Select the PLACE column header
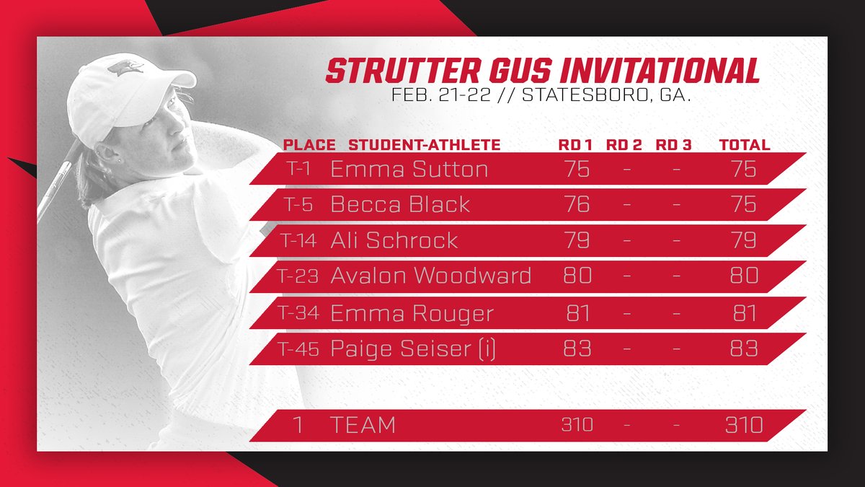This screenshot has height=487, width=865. tap(309, 145)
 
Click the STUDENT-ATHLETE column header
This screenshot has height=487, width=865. tap(424, 145)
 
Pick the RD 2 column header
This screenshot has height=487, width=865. tap(624, 145)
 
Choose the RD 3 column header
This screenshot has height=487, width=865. tap(673, 145)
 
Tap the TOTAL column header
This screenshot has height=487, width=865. tap(745, 145)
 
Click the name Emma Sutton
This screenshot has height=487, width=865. tap(409, 170)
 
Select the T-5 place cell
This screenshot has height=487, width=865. tap(297, 205)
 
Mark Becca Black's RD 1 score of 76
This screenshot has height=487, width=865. tap(577, 205)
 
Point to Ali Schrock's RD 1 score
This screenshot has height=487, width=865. tap(577, 240)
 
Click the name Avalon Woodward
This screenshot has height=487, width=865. tap(431, 276)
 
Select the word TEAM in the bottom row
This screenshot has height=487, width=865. tap(363, 425)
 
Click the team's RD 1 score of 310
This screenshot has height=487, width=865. tap(577, 425)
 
